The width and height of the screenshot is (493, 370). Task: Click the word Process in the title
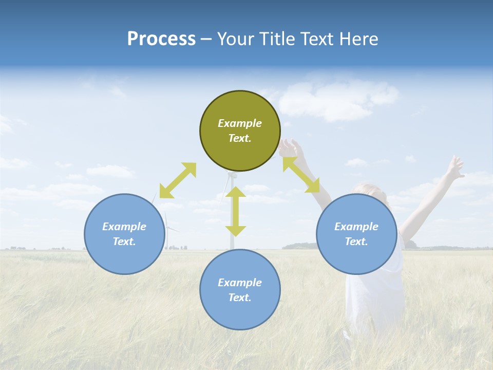[161, 39]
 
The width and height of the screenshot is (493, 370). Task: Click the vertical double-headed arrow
[236, 211]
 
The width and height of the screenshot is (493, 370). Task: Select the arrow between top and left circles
[178, 180]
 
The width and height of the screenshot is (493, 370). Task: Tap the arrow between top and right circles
[301, 175]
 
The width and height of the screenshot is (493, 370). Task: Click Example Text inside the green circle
[240, 131]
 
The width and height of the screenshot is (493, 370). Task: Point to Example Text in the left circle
[124, 234]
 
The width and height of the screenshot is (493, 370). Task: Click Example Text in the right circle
[356, 234]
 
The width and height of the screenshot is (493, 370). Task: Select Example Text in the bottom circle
[240, 290]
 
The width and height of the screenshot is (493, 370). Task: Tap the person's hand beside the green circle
[289, 147]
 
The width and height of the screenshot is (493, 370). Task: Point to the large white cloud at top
[334, 100]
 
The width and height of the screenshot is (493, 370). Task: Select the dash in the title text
[206, 40]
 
